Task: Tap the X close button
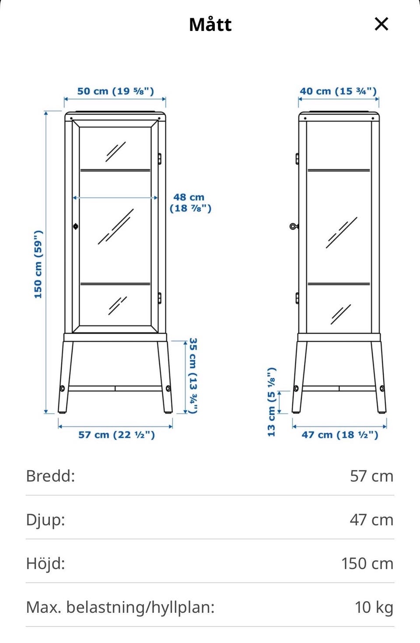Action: point(381,24)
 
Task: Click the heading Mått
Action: point(210,25)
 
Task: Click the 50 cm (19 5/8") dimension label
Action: point(115,91)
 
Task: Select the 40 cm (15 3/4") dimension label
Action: point(338,91)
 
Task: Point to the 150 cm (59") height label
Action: point(38,264)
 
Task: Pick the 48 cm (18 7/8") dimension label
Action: point(190,203)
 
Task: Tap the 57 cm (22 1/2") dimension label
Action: point(116,435)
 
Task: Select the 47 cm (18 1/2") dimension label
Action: point(340,435)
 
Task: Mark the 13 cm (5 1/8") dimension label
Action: point(272,402)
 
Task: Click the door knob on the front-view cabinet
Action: point(76,226)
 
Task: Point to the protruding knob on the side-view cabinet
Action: point(293,226)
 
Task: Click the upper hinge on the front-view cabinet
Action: point(159,159)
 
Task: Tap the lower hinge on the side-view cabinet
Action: point(297,298)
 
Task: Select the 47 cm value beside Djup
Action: point(371,520)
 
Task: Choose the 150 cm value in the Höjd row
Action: point(367,563)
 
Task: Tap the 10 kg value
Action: point(374,608)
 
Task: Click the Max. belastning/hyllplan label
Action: point(120,608)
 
